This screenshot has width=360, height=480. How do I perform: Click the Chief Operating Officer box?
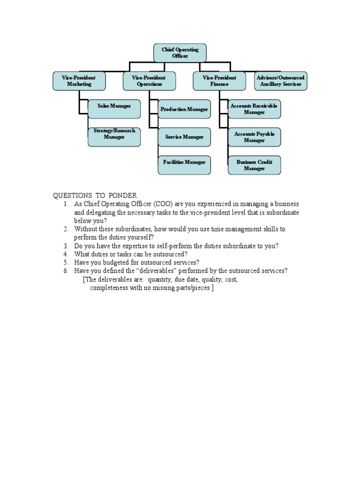click(180, 52)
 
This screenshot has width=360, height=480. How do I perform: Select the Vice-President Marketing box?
click(79, 81)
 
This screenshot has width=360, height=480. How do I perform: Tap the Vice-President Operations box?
click(150, 81)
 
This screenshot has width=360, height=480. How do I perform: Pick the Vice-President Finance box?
click(219, 81)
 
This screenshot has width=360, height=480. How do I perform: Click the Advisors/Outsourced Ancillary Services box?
click(281, 81)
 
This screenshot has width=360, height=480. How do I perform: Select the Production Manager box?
click(184, 109)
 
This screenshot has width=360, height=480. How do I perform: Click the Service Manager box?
click(184, 137)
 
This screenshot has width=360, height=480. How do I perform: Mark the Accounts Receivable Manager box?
click(254, 109)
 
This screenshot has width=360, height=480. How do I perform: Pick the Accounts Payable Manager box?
click(254, 137)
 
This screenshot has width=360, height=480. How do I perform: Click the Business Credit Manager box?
click(254, 165)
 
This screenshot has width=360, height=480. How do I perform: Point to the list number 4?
click(66, 254)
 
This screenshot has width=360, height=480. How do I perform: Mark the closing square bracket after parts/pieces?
click(212, 288)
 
